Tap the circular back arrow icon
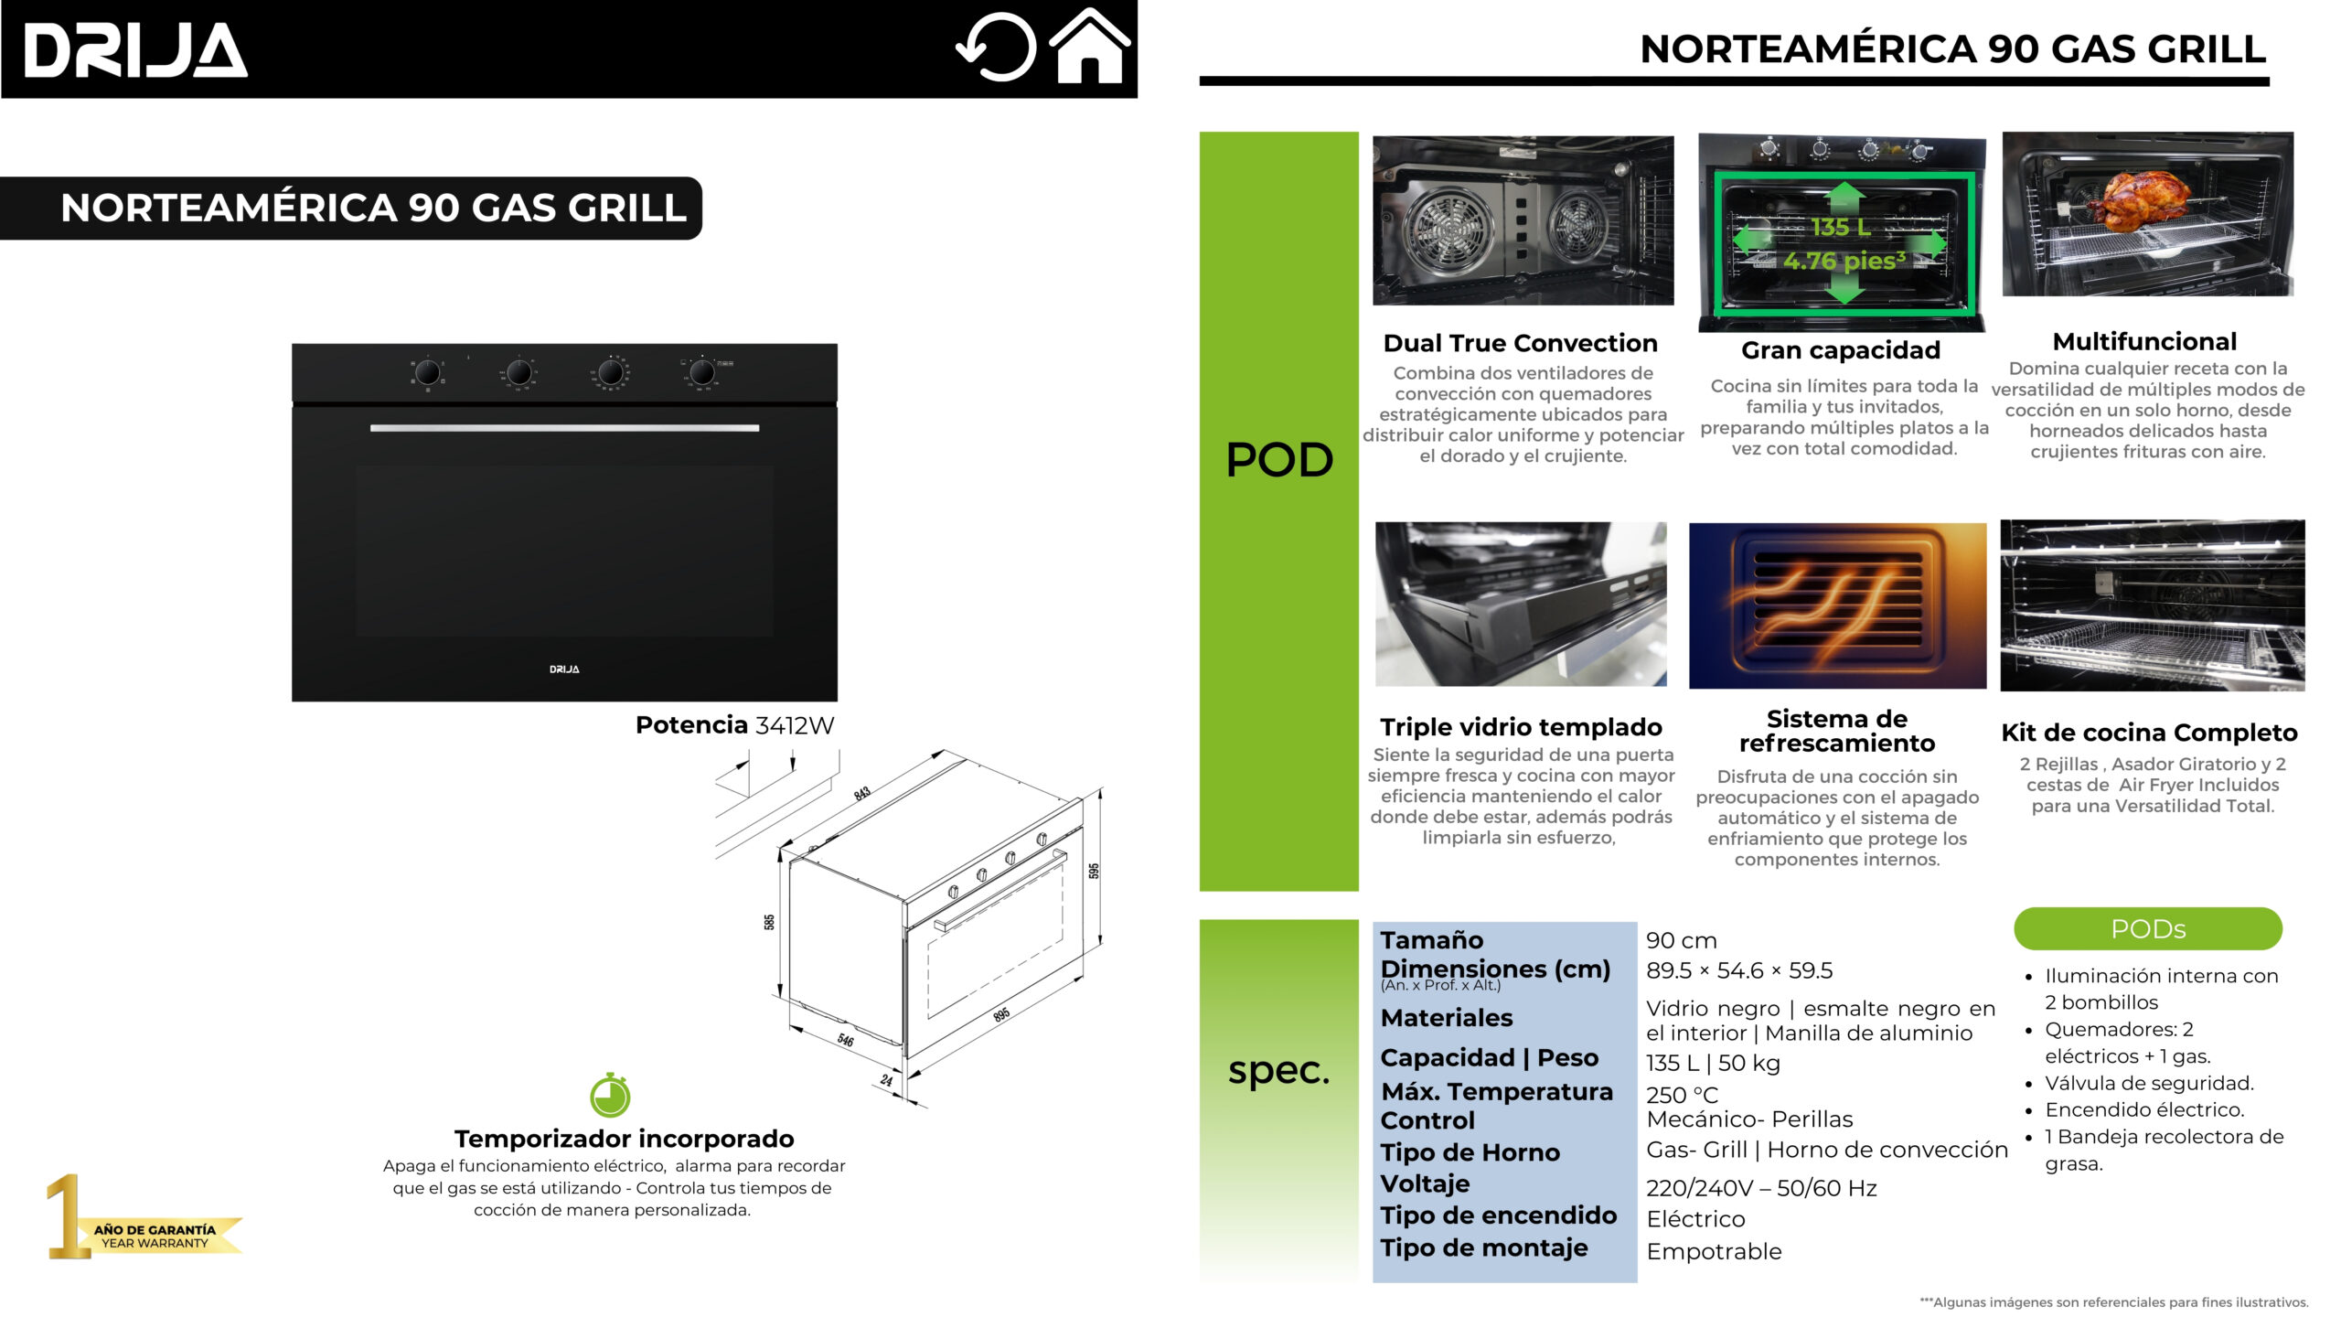[997, 47]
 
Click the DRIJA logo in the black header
[135, 50]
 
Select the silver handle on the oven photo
[564, 428]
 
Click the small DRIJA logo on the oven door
[564, 669]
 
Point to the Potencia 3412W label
[734, 725]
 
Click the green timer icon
[610, 1096]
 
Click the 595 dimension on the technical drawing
[1094, 871]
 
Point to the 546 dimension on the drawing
[846, 1040]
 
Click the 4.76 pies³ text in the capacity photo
[1844, 261]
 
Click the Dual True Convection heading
[1520, 343]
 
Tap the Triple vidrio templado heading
[1521, 727]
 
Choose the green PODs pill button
[2147, 929]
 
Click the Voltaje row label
[1425, 1183]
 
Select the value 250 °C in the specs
[1682, 1095]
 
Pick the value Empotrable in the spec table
[1714, 1251]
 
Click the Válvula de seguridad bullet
[2149, 1083]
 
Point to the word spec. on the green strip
[1278, 1070]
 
